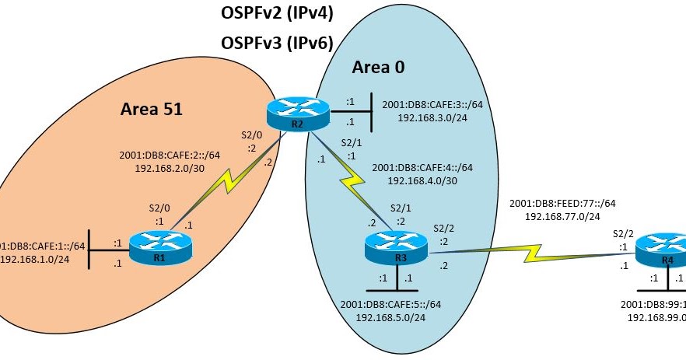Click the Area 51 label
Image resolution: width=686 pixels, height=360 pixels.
pos(151,109)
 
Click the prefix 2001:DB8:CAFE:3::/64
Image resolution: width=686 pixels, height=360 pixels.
pos(434,104)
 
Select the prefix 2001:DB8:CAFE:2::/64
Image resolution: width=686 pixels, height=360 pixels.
pos(170,154)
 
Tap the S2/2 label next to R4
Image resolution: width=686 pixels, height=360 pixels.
pos(623,232)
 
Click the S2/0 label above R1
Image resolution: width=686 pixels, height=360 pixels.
pos(159,208)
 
